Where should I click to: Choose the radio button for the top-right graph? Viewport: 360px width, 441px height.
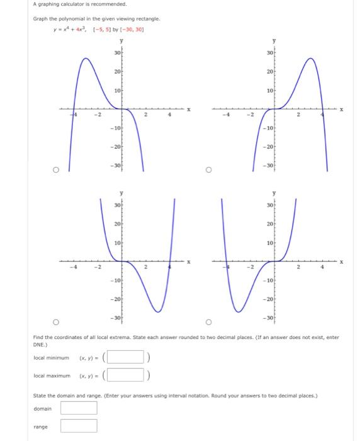pyautogui.click(x=209, y=169)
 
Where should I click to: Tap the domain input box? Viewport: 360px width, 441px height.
pyautogui.click(x=79, y=408)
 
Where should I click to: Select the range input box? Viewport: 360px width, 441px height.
pyautogui.click(x=79, y=427)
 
